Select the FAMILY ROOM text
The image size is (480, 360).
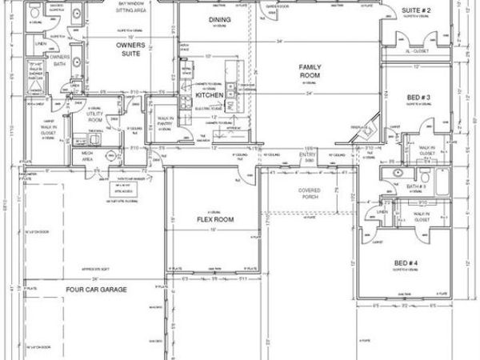(310, 71)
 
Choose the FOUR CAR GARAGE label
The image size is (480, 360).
(97, 289)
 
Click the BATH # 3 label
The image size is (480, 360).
(414, 186)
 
